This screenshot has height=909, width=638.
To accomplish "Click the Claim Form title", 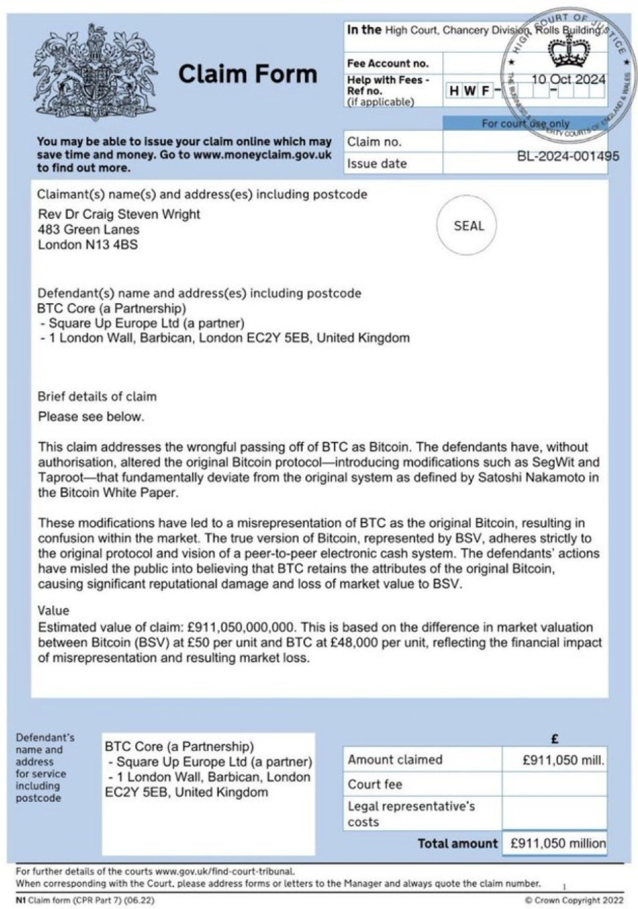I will click(x=247, y=73).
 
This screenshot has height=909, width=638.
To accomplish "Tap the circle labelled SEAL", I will click(x=468, y=226).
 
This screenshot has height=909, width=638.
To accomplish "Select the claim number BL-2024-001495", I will click(x=568, y=156).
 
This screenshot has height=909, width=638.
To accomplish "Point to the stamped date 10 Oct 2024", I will click(x=568, y=79).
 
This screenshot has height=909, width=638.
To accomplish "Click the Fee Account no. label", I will click(x=388, y=64).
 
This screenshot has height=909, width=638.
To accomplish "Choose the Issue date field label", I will click(x=377, y=163).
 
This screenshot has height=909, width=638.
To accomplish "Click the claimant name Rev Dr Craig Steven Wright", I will click(x=119, y=214).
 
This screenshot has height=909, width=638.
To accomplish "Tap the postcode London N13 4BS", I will click(x=88, y=245).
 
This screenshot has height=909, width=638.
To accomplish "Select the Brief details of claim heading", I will click(x=97, y=397).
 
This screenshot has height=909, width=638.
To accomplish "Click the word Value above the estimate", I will click(x=54, y=610).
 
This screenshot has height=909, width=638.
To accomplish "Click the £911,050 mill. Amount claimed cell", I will click(x=563, y=760).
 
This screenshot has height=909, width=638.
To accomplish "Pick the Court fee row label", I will click(x=375, y=784).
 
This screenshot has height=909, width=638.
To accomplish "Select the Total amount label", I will click(x=458, y=844).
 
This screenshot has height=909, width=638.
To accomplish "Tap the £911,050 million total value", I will click(x=557, y=844).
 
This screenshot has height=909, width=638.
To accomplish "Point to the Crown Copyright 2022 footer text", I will click(x=573, y=900).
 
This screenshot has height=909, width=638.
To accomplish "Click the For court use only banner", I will click(x=525, y=124).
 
